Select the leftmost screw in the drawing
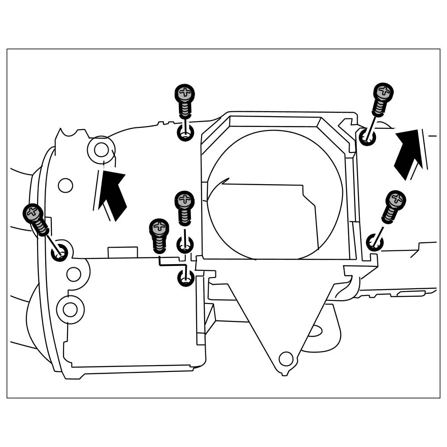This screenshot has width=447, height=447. (36, 219)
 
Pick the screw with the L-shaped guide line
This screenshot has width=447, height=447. (159, 235)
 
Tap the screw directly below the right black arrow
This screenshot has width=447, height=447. (393, 206)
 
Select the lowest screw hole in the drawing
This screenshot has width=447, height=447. (185, 278)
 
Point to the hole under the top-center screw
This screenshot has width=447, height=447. (185, 133)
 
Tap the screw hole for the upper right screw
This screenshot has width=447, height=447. (367, 136)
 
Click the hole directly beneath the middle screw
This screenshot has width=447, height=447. (184, 244)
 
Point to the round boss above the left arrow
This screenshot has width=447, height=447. (101, 149)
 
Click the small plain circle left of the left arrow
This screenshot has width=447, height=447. (65, 185)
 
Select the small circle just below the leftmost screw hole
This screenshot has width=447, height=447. (74, 274)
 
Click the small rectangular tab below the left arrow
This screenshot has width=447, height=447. (123, 252)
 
